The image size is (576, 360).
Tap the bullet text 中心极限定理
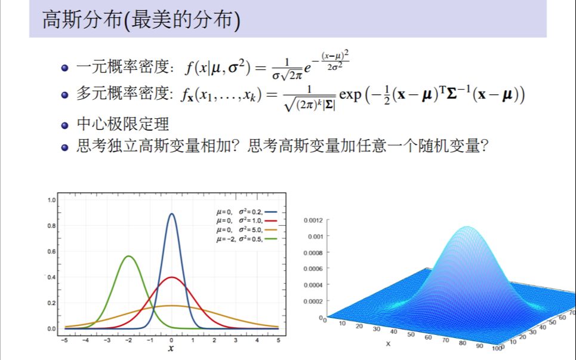pos(123,124)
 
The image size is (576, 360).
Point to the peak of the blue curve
pos(171,214)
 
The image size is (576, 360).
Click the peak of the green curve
pos(128,256)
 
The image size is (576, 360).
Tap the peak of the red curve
pos(171,278)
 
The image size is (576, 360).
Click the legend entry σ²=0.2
pos(250,211)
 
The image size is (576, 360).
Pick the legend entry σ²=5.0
pos(250,229)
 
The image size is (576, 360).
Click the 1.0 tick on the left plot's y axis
pos(51,200)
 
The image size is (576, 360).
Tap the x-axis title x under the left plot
pos(171,348)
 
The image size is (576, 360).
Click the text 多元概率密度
pos(123,94)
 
